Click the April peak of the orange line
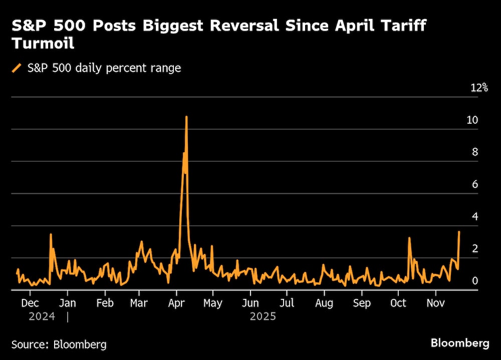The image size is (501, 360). point(186,117)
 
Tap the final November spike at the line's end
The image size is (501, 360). point(459,232)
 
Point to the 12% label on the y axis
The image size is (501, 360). point(479,88)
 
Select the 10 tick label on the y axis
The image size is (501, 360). point(472,120)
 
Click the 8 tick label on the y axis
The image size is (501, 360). point(474,152)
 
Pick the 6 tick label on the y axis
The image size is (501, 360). point(474,184)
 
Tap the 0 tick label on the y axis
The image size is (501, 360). point(474,281)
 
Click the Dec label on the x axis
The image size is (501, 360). point(30,303)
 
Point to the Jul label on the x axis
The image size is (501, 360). point(287,303)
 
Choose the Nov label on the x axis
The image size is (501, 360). point(435,303)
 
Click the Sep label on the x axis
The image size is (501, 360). point(361,303)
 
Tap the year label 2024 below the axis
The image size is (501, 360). point(42,316)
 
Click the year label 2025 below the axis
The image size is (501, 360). point(263,316)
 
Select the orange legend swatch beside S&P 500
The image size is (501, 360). point(17,68)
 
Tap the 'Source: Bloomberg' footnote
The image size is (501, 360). point(59,344)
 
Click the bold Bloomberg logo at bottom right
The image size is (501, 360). point(460,343)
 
